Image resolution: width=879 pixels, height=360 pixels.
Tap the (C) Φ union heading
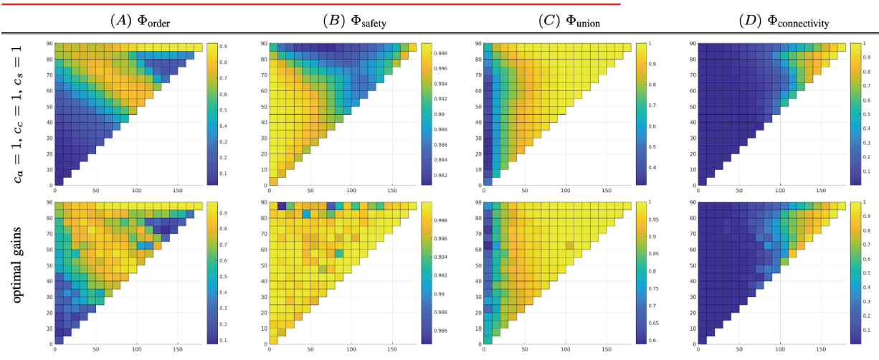pyautogui.click(x=570, y=22)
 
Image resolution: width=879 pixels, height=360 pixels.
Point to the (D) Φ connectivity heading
pyautogui.click(x=784, y=22)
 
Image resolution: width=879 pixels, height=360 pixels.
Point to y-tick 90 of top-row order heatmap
pyautogui.click(x=49, y=44)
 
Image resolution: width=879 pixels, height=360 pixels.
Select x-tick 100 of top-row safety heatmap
pyautogui.click(x=351, y=191)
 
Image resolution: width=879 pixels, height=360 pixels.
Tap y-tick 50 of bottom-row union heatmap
pyautogui.click(x=477, y=265)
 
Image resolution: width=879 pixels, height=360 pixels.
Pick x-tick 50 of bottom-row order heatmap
pyautogui.click(x=95, y=351)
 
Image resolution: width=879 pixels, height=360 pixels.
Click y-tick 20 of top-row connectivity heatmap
pyautogui.click(x=692, y=153)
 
